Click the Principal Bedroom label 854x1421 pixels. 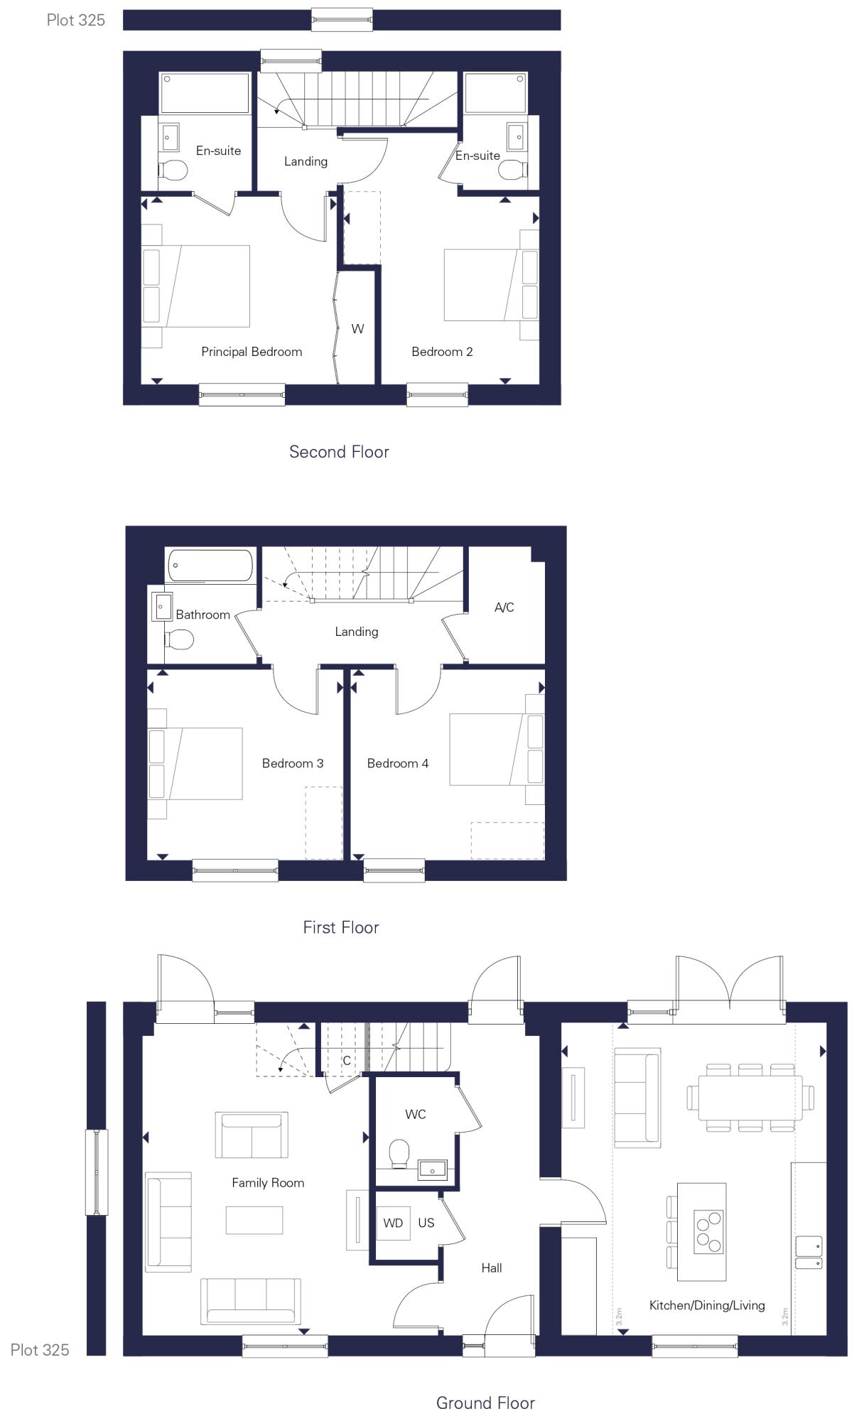pyautogui.click(x=252, y=352)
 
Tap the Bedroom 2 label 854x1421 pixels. pyautogui.click(x=442, y=352)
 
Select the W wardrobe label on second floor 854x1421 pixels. pyautogui.click(x=357, y=329)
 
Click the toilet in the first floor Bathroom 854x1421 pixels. pyautogui.click(x=180, y=640)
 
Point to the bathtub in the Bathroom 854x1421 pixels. pyautogui.click(x=210, y=566)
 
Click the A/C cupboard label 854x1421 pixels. pyautogui.click(x=504, y=607)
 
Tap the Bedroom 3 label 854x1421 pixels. pyautogui.click(x=293, y=764)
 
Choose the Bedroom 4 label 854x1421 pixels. pyautogui.click(x=398, y=764)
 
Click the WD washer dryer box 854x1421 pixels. pyautogui.click(x=393, y=1223)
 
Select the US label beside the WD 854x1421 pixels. pyautogui.click(x=426, y=1223)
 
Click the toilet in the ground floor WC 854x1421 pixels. pyautogui.click(x=400, y=1154)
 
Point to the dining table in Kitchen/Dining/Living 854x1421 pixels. pyautogui.click(x=750, y=1098)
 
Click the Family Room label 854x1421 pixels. pyautogui.click(x=268, y=1183)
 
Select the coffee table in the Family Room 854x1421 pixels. pyautogui.click(x=254, y=1220)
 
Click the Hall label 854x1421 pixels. pyautogui.click(x=492, y=1268)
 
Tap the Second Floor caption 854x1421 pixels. pyautogui.click(x=339, y=452)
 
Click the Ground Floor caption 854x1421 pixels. pyautogui.click(x=485, y=1403)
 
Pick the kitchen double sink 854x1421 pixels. pyautogui.click(x=809, y=1253)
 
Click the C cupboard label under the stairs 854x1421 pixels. pyautogui.click(x=347, y=1061)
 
